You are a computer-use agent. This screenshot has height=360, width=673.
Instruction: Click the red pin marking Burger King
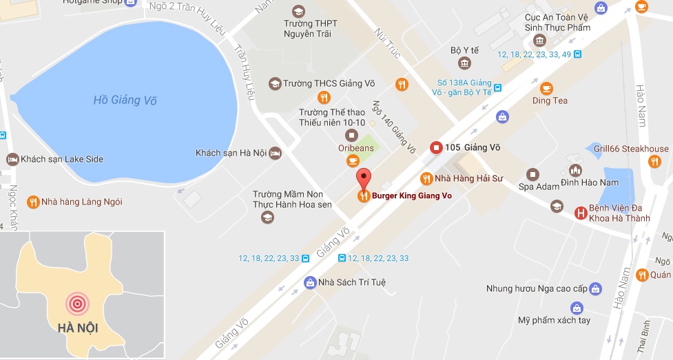(x=364, y=178)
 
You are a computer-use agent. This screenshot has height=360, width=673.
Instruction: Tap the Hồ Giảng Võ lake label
(x=125, y=100)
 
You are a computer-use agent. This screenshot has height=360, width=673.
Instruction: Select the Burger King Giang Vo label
(x=411, y=196)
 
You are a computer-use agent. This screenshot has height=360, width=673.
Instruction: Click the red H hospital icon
(x=581, y=213)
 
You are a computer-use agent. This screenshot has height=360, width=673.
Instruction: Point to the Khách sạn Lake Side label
(x=62, y=159)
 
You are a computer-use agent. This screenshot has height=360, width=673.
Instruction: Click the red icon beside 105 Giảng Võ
(x=435, y=147)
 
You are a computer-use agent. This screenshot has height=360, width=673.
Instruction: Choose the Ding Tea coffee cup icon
(x=546, y=87)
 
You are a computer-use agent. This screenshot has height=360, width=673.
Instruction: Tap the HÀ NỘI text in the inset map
(x=78, y=328)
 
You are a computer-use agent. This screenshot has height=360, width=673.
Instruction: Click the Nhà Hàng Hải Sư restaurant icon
(x=426, y=178)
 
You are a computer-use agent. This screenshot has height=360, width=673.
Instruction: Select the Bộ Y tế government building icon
(x=465, y=64)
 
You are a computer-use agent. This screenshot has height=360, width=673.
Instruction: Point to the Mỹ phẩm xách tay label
(x=555, y=321)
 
